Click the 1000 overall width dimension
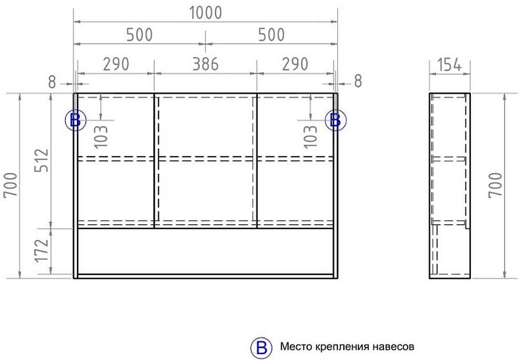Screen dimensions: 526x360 206,13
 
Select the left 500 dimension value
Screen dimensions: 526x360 139,35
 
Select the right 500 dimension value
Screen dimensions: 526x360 271,35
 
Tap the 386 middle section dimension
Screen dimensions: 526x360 205,64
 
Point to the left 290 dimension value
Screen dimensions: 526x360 116,64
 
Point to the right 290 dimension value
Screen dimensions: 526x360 295,64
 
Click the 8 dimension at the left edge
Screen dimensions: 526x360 52,82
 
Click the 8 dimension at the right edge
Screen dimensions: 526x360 358,81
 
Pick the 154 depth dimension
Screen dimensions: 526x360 450,65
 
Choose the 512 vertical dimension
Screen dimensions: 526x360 42,161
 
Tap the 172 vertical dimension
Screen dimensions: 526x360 42,251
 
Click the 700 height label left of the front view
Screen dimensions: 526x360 11,185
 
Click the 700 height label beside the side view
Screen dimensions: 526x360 495,185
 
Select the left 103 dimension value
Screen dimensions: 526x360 101,136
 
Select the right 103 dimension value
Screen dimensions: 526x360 310,136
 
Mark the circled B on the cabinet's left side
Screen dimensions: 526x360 75,120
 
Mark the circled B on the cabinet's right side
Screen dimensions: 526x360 336,120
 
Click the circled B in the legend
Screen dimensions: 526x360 261,347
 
